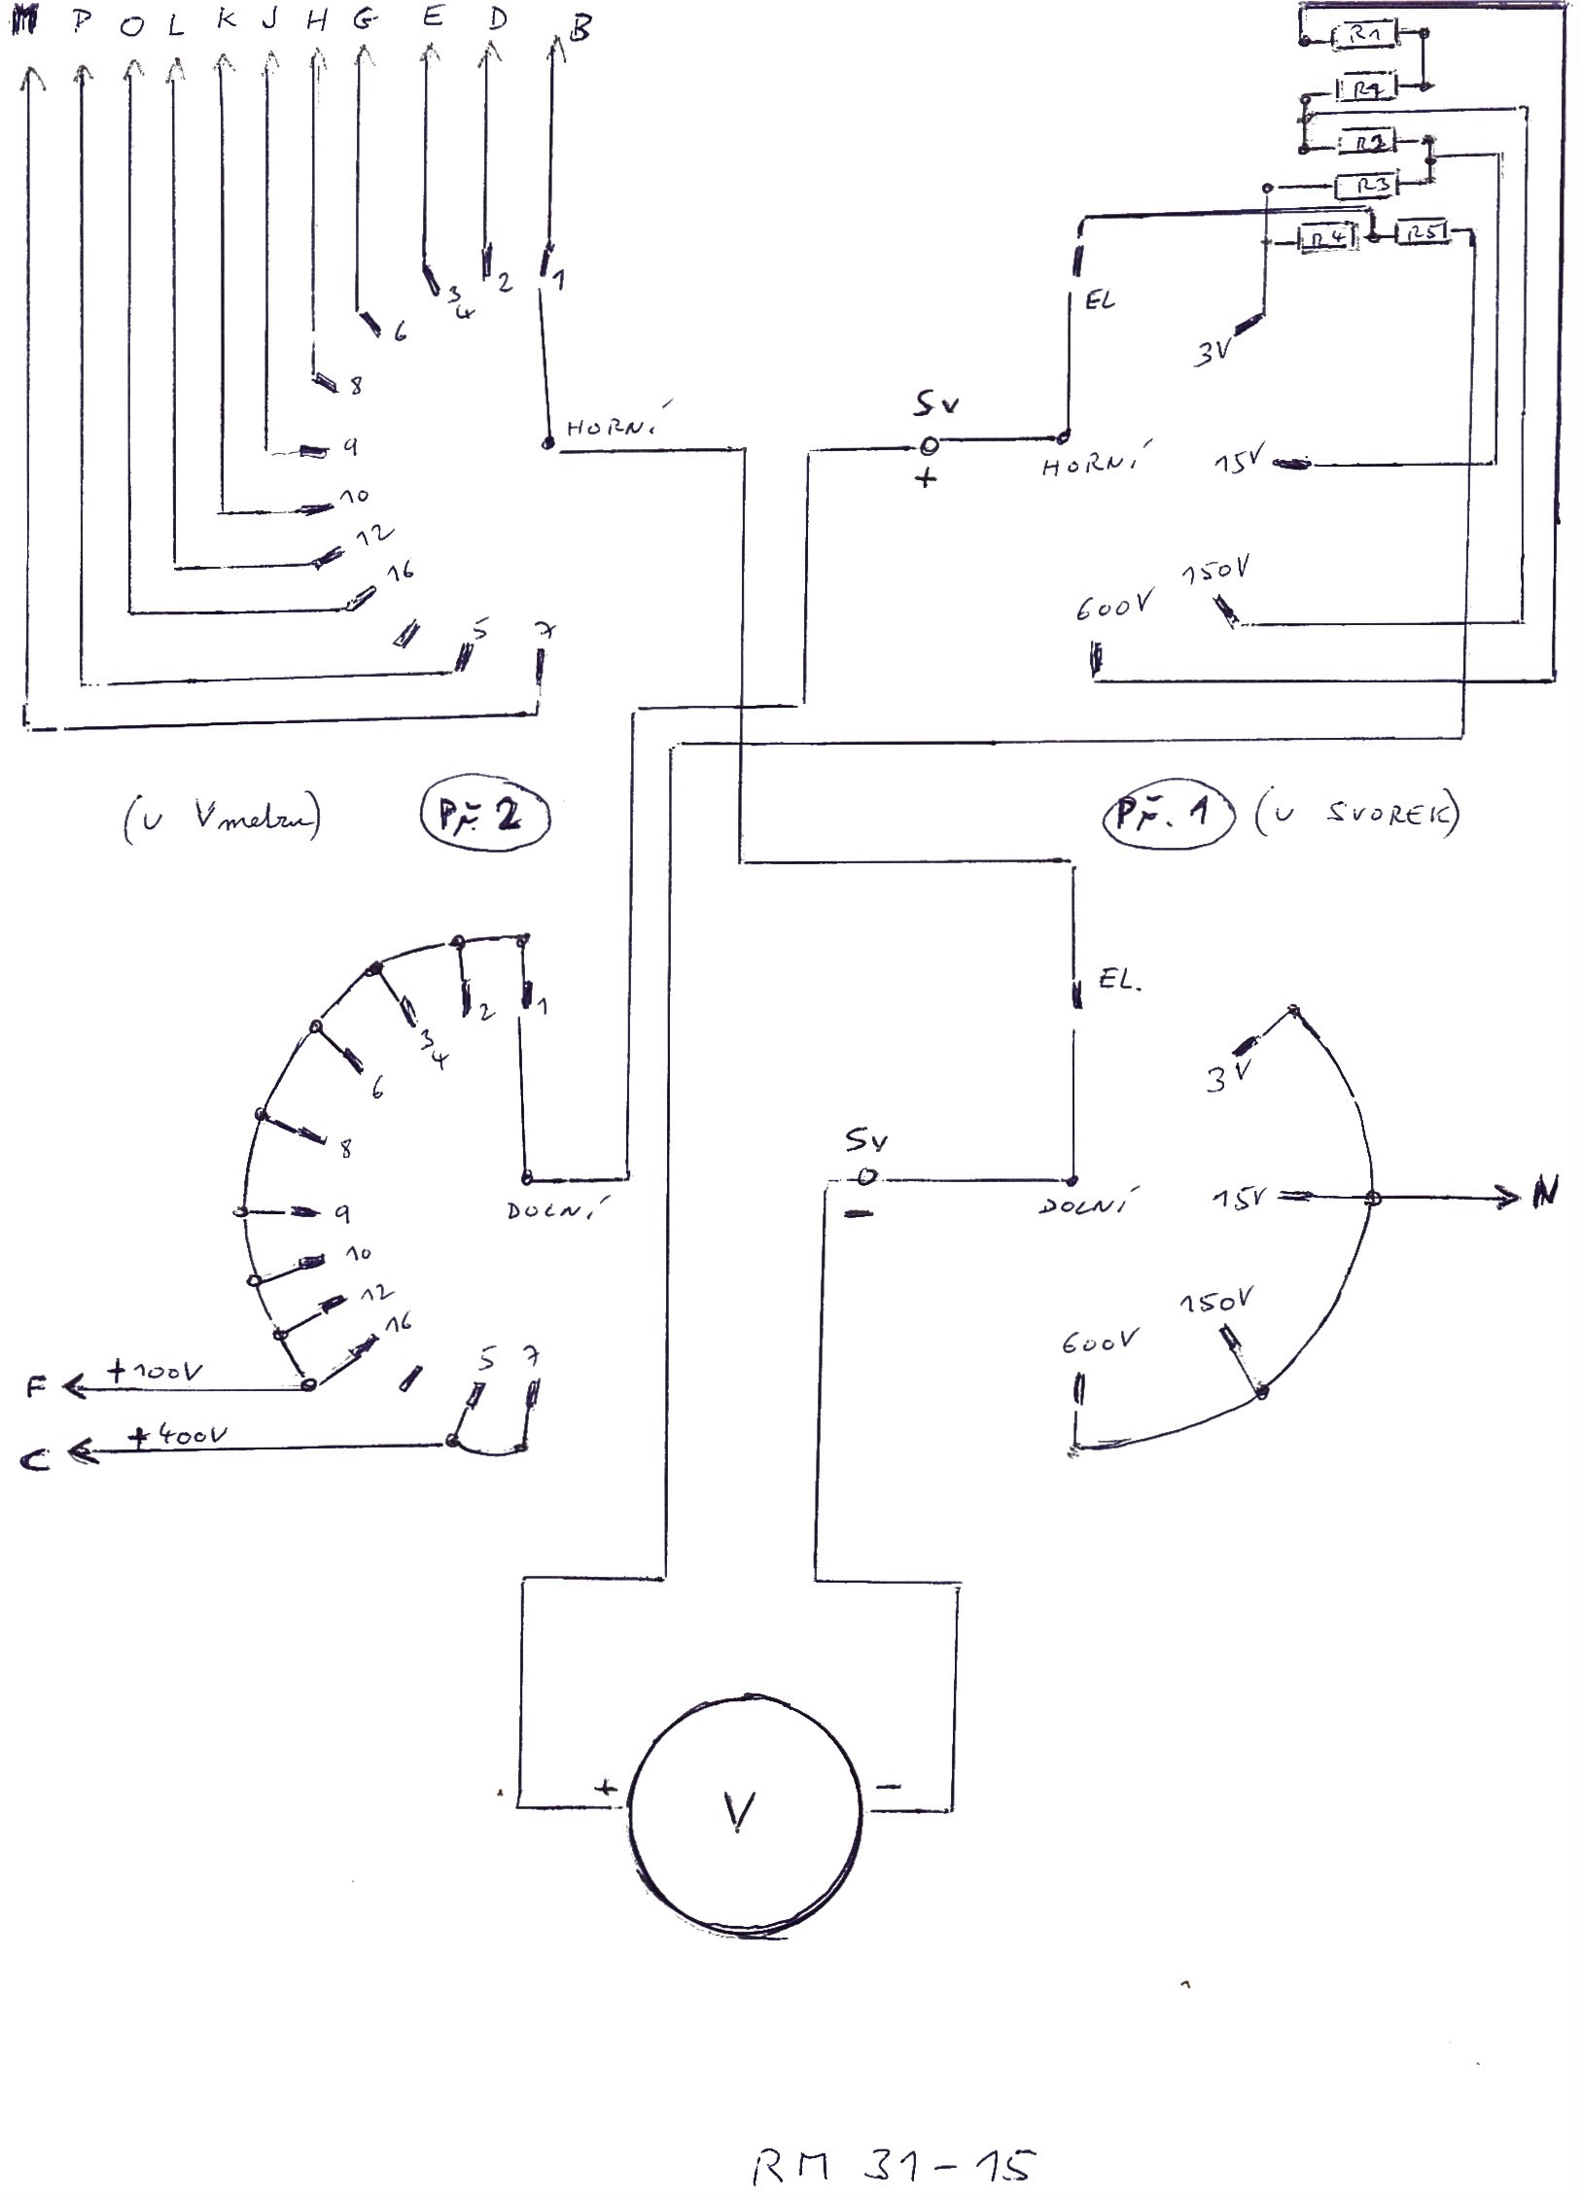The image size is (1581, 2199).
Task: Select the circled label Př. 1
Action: coord(1167,815)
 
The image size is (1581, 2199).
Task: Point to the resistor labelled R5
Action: coord(1422,233)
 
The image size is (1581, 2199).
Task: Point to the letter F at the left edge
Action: coord(36,1387)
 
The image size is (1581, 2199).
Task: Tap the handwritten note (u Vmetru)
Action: coord(222,820)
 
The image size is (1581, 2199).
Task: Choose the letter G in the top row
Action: coord(364,22)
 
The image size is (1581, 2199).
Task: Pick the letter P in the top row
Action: coord(82,23)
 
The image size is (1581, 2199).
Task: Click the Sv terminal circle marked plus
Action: coord(929,445)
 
